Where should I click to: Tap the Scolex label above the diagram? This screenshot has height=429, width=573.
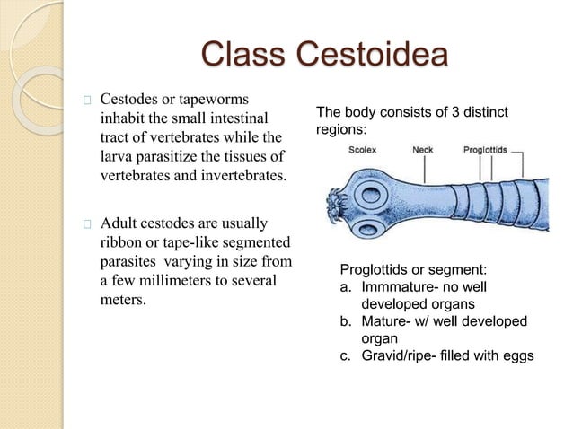pyautogui.click(x=364, y=150)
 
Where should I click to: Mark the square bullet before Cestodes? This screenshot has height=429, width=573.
pyautogui.click(x=85, y=98)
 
